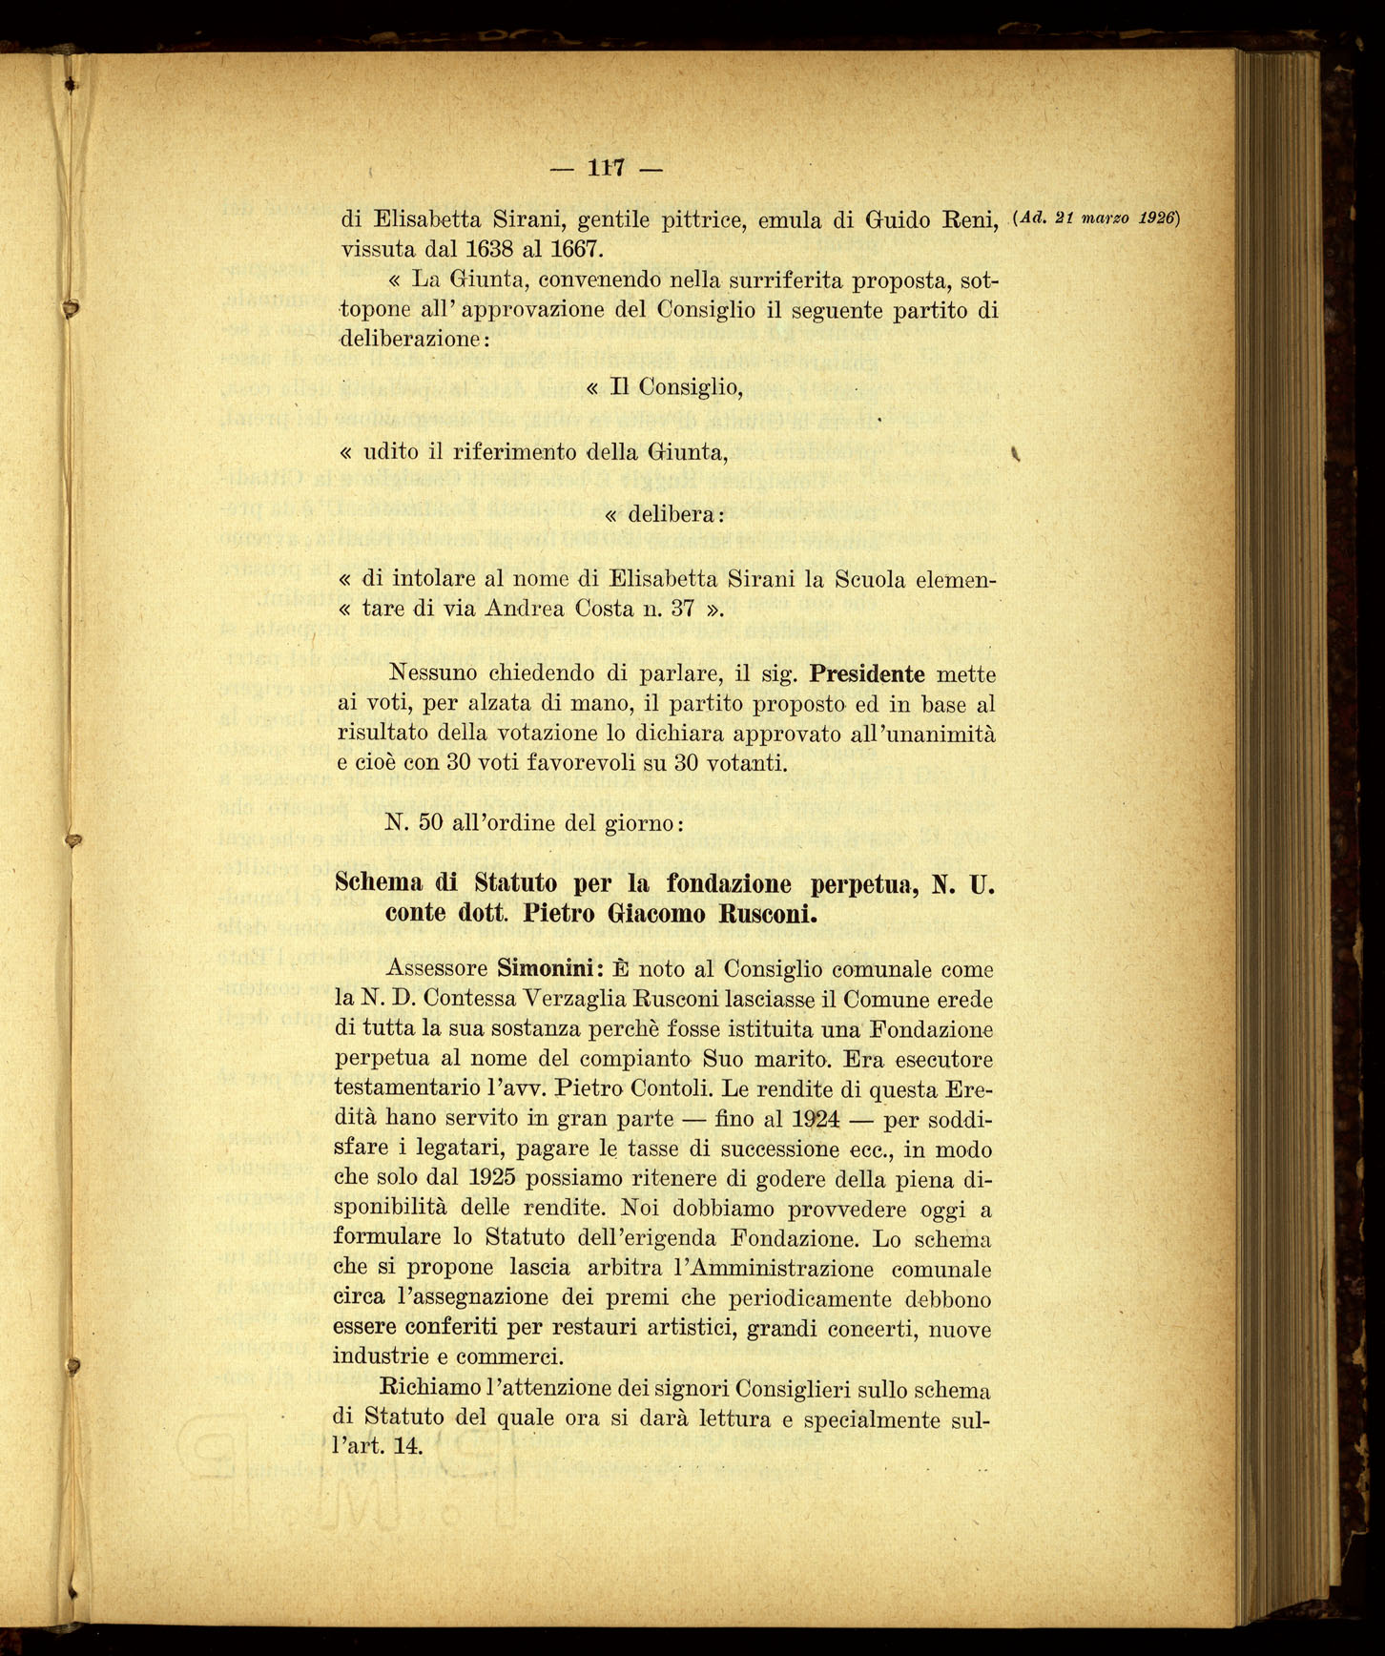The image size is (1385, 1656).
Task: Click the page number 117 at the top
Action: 606,169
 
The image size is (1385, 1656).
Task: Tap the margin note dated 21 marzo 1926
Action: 1098,217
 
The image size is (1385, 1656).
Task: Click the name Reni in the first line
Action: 969,219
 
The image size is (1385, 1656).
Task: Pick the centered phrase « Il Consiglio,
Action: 664,387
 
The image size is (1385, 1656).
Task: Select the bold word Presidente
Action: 866,674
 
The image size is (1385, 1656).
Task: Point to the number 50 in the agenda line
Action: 430,822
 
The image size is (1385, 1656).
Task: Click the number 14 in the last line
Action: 406,1445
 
